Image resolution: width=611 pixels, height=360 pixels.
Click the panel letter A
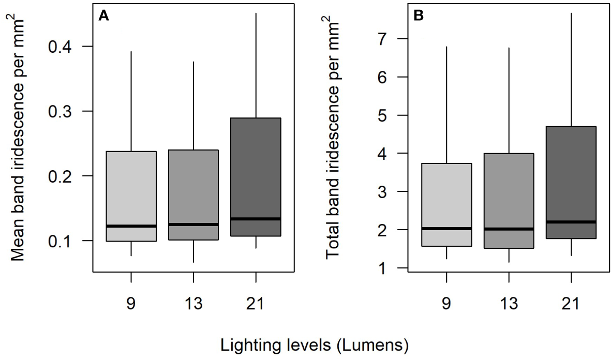coord(103,16)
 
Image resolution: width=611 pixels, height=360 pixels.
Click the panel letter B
coord(419,16)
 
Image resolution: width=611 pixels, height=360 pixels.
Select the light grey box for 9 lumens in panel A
coord(131,196)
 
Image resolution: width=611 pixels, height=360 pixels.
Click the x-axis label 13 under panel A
coord(193,303)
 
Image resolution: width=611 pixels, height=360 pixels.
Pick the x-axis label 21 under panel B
coord(571,303)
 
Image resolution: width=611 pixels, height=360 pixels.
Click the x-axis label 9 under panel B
coord(446,303)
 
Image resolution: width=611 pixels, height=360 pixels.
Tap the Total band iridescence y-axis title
coord(334,140)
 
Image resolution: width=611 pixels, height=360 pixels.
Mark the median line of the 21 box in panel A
coord(256,219)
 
